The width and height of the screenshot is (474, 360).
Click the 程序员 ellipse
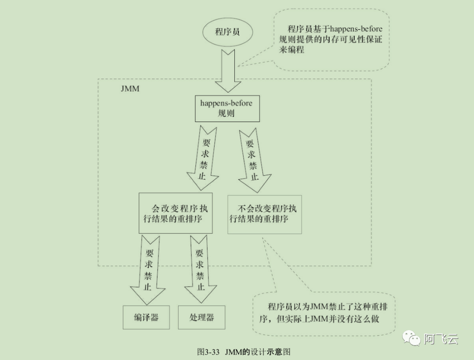[x=227, y=32]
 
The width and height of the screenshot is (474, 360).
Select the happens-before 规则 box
[x=227, y=108]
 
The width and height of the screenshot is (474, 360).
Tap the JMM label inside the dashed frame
[x=130, y=88]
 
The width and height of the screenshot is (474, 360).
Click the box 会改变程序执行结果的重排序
[x=176, y=213]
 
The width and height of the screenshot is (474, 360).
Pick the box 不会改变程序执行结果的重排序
[x=265, y=214]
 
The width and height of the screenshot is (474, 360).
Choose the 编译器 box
[x=146, y=317]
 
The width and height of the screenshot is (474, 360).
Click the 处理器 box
[x=201, y=317]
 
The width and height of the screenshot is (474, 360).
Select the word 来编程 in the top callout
[x=291, y=50]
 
